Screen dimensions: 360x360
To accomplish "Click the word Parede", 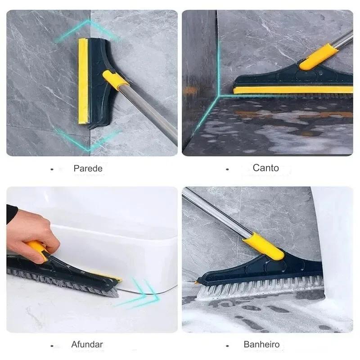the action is (x=88, y=168).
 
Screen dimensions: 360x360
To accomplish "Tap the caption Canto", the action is (x=265, y=168).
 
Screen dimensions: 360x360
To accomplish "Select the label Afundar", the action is (x=87, y=344).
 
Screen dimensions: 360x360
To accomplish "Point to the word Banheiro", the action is (x=261, y=344).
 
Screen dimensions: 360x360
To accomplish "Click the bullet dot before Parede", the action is (x=52, y=170).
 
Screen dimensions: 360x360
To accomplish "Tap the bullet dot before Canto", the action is (x=227, y=170).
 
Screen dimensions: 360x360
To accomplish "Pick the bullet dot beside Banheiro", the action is (x=227, y=346).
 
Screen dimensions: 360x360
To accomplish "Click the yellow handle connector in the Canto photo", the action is (x=319, y=57).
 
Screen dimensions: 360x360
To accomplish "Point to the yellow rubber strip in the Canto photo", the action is (x=293, y=90).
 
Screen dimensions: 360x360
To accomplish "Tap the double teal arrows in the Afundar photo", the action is (x=138, y=293).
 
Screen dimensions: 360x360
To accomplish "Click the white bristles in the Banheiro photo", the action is (x=260, y=288).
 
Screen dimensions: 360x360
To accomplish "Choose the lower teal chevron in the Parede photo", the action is (x=87, y=140).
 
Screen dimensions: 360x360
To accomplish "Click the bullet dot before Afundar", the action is (x=52, y=346).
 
